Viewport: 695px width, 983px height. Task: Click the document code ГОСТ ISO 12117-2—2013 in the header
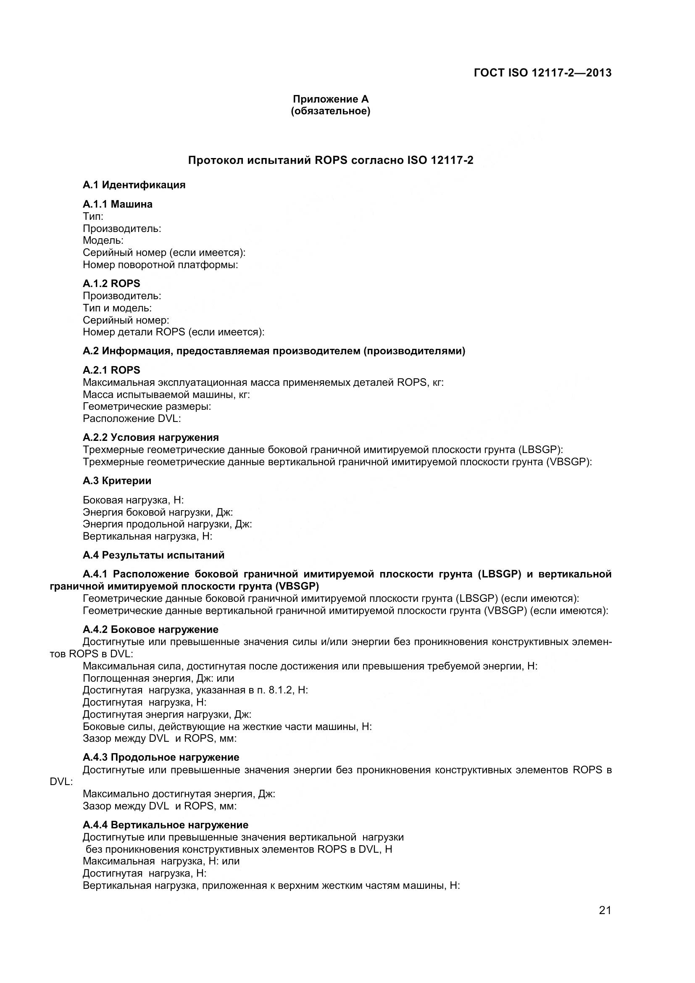[x=542, y=73]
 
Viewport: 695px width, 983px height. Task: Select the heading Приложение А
[x=330, y=99]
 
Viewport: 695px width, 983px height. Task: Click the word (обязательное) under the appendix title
[x=330, y=111]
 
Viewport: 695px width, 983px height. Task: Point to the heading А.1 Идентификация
[x=134, y=185]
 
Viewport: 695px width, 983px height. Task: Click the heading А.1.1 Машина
[x=118, y=204]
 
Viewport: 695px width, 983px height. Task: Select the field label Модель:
[x=103, y=240]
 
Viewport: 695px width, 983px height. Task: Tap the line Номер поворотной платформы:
[x=161, y=265]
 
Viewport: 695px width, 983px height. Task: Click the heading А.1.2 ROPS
[x=111, y=283]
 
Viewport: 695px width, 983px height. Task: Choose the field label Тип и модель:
[x=117, y=308]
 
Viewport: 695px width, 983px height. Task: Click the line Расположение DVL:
[x=132, y=418]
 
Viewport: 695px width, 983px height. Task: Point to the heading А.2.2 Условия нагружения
[x=151, y=437]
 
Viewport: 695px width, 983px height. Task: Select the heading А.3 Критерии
[x=117, y=481]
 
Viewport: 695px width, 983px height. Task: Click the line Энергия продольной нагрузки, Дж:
[x=167, y=524]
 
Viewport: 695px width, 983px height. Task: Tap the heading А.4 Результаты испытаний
[x=153, y=555]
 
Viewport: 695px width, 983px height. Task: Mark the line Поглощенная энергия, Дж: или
[x=158, y=678]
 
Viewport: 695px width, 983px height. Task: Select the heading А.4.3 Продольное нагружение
[x=161, y=757]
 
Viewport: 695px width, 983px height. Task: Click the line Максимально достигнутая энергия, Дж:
[x=179, y=794]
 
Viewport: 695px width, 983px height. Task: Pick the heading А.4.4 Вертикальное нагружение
[x=166, y=825]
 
